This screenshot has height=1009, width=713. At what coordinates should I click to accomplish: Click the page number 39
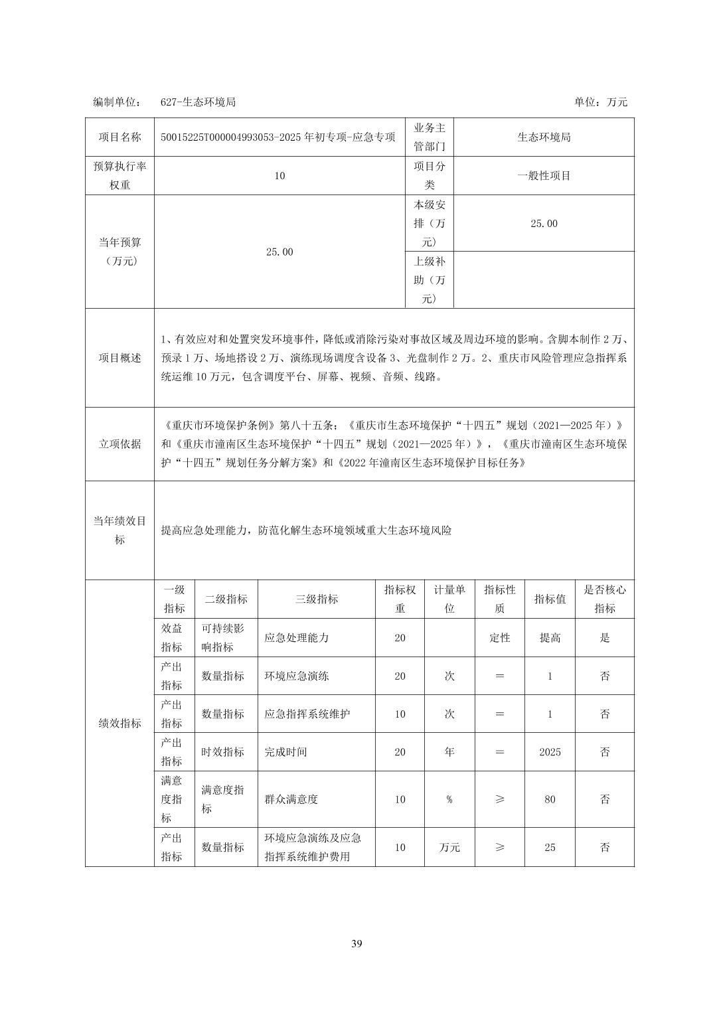pos(356,944)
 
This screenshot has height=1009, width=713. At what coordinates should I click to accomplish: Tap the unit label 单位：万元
pos(600,102)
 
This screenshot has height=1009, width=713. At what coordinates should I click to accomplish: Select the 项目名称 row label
pos(119,137)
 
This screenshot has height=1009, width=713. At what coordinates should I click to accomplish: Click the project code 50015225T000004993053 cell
pos(278,137)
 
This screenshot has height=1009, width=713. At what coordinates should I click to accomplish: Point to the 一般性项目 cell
pos(544,176)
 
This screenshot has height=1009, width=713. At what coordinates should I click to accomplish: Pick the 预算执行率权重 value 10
pos(279,176)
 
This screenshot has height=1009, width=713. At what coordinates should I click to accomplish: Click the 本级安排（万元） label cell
pos(429,223)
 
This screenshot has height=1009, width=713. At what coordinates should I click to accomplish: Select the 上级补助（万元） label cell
pos(429,279)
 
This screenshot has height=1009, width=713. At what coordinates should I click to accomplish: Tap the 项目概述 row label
pos(119,358)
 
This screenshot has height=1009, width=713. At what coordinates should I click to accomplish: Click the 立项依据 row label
pos(119,444)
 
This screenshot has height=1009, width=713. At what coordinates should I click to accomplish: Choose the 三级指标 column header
pos(316,599)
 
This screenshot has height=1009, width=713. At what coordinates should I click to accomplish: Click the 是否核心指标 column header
pos(604,599)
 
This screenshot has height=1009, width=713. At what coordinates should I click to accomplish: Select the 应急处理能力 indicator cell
pos(297,638)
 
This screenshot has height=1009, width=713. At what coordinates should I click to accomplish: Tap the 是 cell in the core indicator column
pos(604,638)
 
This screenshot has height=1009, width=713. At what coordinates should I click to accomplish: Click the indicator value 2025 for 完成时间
pos(550,752)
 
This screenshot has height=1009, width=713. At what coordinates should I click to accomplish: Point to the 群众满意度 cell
pos(291,799)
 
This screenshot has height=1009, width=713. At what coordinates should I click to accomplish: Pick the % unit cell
pos(449,799)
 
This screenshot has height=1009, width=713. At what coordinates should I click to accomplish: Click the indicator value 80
pos(550,799)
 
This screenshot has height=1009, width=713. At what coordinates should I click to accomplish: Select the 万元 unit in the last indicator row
pos(449,848)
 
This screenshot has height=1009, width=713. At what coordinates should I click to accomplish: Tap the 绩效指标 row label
pos(119,724)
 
